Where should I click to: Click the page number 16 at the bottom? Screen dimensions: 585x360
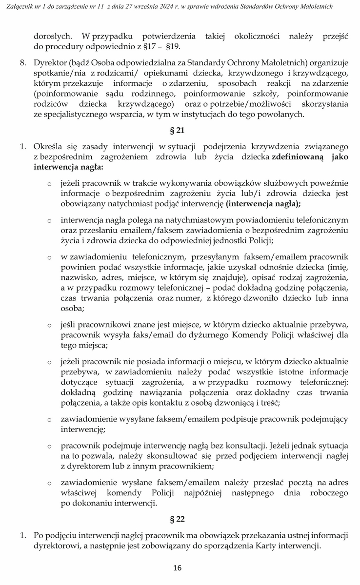(177, 567)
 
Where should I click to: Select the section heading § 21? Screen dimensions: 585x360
(177, 130)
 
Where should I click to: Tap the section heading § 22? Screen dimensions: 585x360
(177, 519)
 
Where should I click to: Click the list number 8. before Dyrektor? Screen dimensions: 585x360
(23, 63)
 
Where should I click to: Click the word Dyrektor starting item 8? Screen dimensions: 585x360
(49, 63)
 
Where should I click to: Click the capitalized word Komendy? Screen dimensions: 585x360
(237, 335)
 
